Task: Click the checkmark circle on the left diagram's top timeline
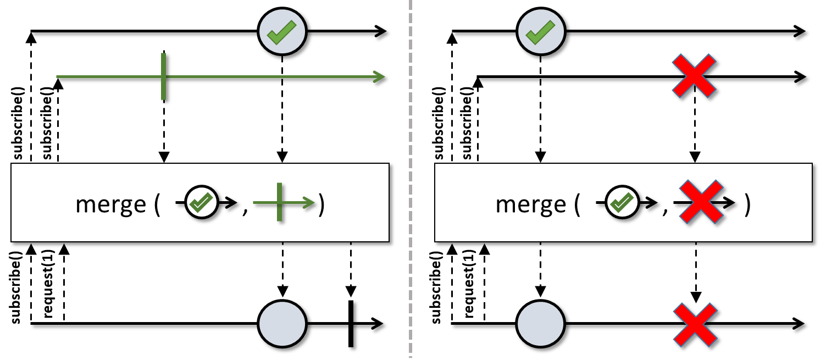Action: point(282,31)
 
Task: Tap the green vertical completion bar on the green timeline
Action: point(164,76)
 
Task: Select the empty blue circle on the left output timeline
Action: point(282,324)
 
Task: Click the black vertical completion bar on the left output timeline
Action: point(351,324)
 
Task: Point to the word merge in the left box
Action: point(110,204)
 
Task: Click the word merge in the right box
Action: point(531,204)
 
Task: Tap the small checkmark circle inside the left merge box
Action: point(201,202)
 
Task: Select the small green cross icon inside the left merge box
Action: point(280,202)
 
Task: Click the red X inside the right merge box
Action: point(701,202)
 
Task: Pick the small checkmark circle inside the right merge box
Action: point(622,202)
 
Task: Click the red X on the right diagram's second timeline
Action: point(694,76)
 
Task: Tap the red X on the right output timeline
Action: point(695,325)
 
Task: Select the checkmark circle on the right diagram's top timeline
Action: point(541,31)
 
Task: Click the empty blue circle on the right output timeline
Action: point(540,324)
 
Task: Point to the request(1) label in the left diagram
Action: point(49,284)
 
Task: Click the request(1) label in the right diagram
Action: point(469,284)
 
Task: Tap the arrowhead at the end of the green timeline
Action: point(379,77)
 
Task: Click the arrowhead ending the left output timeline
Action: point(377,324)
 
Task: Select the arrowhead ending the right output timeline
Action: point(799,324)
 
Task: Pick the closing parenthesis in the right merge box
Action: point(747,205)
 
